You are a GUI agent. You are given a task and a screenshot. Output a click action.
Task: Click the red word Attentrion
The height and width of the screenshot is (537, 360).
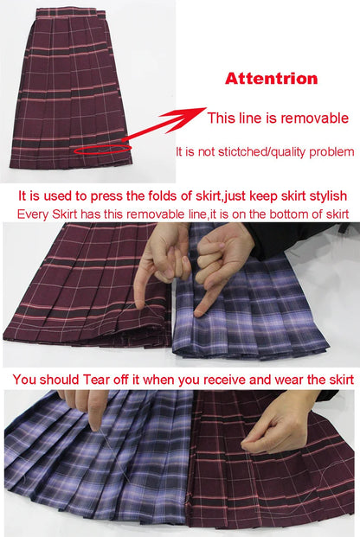[271, 79]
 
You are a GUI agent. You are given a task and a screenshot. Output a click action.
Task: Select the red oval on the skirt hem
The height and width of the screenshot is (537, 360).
[102, 151]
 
